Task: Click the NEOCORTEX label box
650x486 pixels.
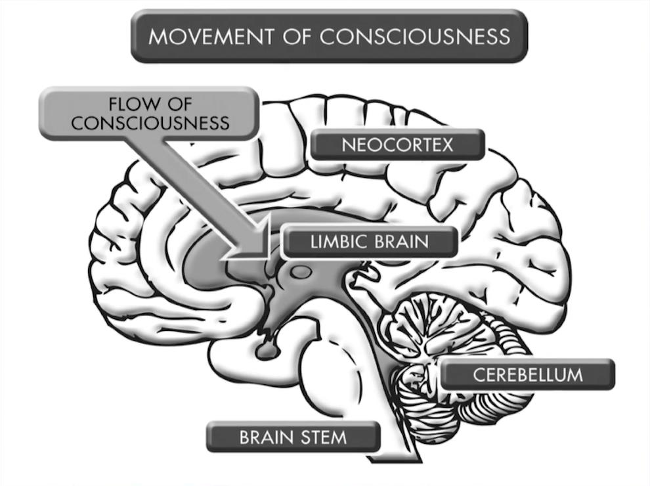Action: click(397, 144)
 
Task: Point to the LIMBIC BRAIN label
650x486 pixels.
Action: click(369, 242)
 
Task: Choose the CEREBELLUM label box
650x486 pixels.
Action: click(527, 375)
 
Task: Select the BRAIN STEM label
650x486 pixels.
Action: click(292, 437)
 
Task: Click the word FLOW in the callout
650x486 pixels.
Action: click(134, 106)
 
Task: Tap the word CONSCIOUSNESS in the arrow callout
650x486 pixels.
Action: click(150, 123)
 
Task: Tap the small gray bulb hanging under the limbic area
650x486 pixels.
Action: click(267, 350)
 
